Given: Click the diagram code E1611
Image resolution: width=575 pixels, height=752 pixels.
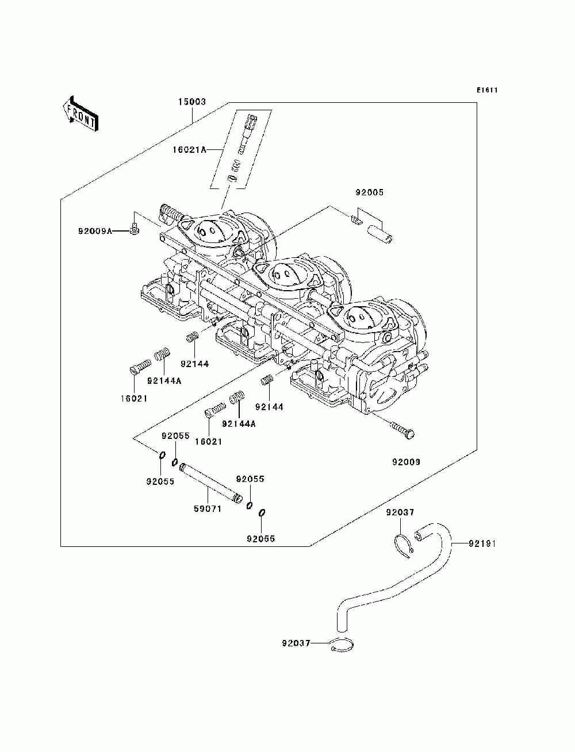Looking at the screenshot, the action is pos(486,90).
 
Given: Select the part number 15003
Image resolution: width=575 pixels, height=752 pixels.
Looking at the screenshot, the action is pos(192,102).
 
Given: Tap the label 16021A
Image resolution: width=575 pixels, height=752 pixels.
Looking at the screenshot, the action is pos(189,150).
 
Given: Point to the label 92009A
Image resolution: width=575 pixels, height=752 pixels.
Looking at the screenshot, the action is pos(95,231).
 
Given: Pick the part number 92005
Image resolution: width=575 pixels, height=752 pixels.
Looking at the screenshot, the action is pos(369,192).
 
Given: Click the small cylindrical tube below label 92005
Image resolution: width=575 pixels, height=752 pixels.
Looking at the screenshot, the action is pos(381,234).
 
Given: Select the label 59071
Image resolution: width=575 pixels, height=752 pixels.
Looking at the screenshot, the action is pos(208,509).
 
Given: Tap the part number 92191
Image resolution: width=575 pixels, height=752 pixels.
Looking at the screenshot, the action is pos(482,543).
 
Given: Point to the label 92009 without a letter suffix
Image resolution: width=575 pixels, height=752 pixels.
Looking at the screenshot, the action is pos(407,462).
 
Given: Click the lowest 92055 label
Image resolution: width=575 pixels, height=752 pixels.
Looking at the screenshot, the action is pos(261,539).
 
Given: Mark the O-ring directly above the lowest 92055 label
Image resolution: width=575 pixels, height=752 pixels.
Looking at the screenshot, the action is pos(262,512).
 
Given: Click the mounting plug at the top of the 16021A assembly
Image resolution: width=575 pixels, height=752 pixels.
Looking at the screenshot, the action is pos(251,122).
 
